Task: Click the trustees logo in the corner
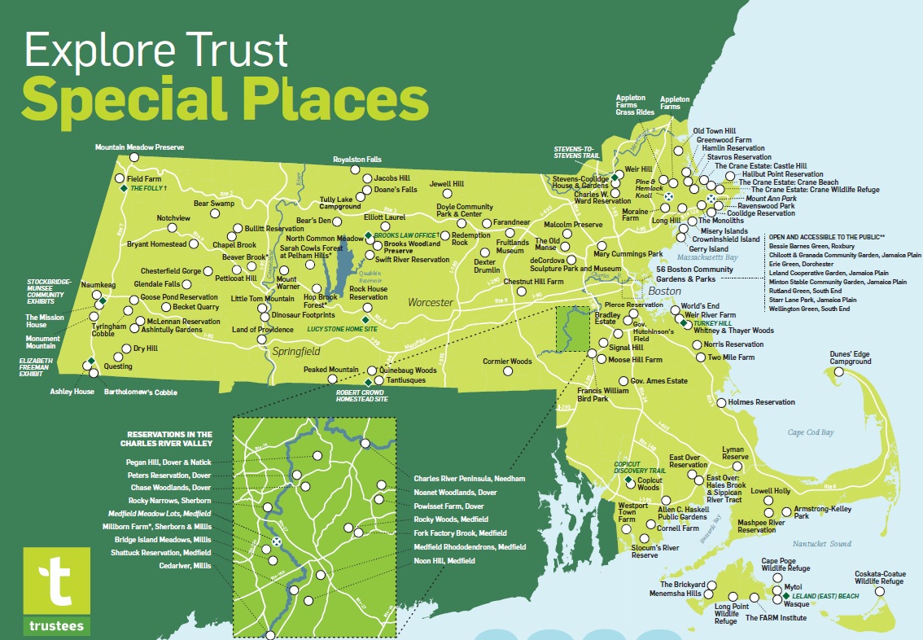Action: coord(56,590)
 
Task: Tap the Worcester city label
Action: coord(431,303)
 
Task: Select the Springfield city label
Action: coord(296,352)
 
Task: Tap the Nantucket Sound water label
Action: coord(822,543)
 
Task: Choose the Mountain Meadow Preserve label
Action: coord(139,147)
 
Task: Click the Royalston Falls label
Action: coord(357,160)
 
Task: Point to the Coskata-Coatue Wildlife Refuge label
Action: coord(879,577)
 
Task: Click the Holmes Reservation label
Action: coord(762,402)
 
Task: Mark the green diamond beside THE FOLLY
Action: coord(124,188)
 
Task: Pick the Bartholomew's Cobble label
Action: coord(141,392)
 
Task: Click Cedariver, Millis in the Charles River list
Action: coord(186,566)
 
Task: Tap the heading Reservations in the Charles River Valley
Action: coord(169,439)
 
